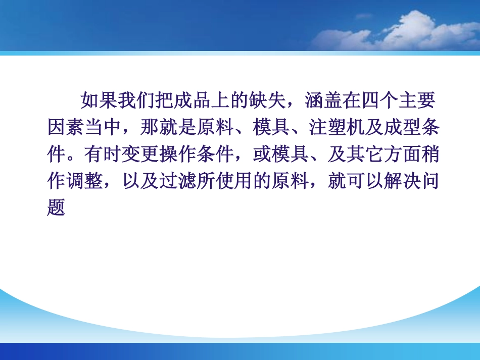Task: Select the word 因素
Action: point(66,128)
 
